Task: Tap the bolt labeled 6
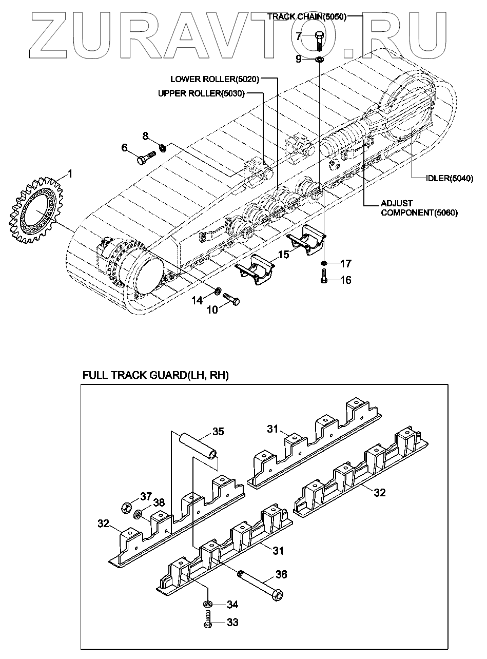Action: pos(146,157)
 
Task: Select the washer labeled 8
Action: pos(162,148)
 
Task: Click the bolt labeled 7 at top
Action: pos(319,40)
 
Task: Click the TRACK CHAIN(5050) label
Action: pos(307,16)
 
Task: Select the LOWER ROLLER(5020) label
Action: pos(215,79)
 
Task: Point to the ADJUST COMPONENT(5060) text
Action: pos(418,208)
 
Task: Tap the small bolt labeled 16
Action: pos(324,279)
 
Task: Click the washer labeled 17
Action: pos(324,264)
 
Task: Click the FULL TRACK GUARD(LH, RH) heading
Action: pos(155,376)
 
